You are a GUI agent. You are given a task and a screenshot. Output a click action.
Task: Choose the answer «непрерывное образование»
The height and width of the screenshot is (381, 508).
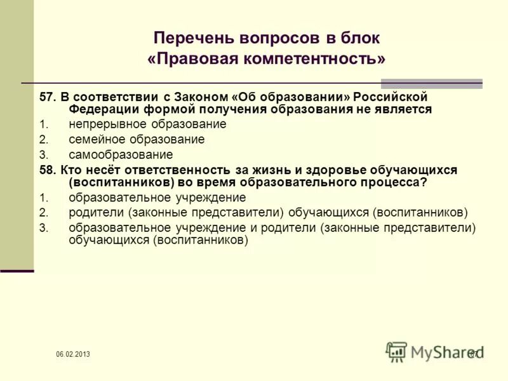pos(147,124)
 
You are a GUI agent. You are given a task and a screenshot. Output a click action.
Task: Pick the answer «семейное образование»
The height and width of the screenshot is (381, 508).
pos(137,140)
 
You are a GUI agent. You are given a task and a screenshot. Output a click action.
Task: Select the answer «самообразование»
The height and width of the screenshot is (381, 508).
pos(121,154)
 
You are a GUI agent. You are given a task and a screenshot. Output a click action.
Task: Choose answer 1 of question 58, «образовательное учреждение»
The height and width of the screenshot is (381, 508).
pos(157,197)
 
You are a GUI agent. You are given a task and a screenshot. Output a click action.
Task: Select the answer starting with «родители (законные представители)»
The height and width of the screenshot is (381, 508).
pos(268,212)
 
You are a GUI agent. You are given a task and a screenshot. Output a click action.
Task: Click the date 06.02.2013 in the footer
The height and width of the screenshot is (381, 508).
pos(72,354)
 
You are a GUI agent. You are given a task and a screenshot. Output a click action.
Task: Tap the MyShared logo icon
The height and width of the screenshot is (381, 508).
pos(396,351)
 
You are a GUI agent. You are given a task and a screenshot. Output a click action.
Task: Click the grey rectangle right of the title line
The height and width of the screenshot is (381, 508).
pos(431,83)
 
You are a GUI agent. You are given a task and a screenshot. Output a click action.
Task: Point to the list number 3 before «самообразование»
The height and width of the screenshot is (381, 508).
pos(43,154)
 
